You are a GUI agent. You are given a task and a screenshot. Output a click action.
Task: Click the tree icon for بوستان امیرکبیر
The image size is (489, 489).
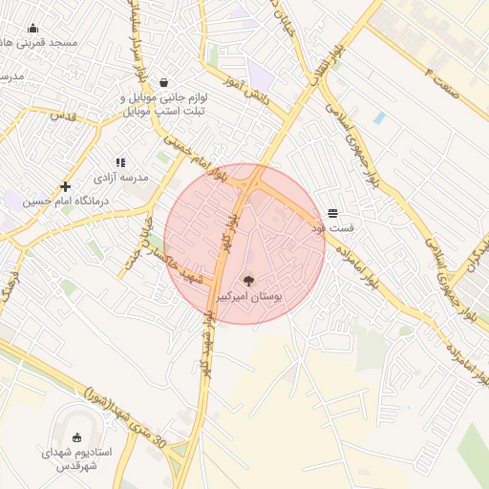coord(249,281)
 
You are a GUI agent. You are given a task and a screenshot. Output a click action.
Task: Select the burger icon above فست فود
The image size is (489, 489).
coord(332,213)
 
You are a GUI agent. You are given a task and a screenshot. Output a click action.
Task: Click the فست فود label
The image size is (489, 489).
coord(332,229)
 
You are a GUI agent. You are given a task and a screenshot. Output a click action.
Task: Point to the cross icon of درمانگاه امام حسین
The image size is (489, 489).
coord(65,186)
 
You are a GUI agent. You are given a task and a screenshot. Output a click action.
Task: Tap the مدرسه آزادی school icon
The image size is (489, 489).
coord(120,163)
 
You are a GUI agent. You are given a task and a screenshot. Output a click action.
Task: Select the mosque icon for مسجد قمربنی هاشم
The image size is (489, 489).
coord(33,28)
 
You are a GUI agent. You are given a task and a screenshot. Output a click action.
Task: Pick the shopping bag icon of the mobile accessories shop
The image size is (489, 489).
coord(167,82)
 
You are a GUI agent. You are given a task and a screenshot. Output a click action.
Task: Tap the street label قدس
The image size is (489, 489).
coord(62,115)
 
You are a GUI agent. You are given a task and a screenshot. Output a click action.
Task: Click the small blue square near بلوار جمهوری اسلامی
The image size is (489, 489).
coord(380,117)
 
